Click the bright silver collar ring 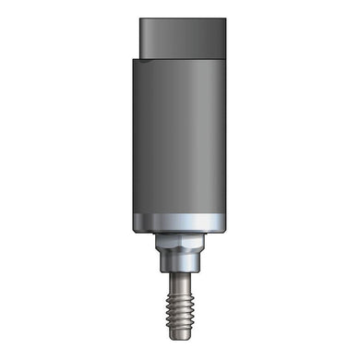[x=178, y=222]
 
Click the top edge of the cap [x=182, y=19]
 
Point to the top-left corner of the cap [x=141, y=20]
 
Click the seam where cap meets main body [x=182, y=57]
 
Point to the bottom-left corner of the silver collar [x=134, y=232]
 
